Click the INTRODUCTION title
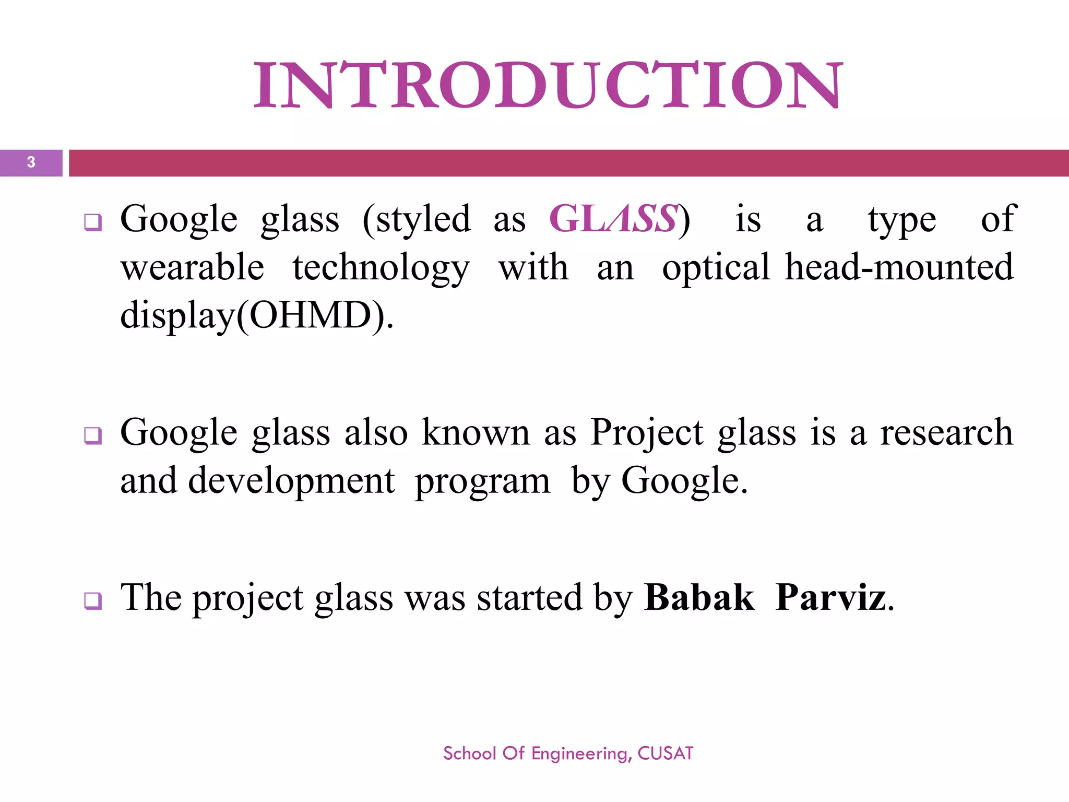(548, 85)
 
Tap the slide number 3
(31, 162)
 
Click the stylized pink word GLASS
(614, 219)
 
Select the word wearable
(192, 267)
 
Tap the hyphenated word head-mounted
(899, 267)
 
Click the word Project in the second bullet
(647, 433)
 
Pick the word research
(946, 432)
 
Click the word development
(291, 481)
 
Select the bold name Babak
(699, 597)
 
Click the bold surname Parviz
(830, 597)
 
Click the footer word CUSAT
(666, 753)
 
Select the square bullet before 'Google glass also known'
(93, 435)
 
